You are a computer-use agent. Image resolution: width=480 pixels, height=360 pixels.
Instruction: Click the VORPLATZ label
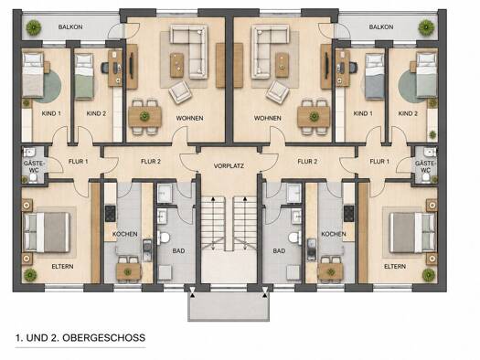(x=229, y=166)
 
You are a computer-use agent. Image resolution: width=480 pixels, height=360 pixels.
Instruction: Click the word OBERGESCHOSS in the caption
(x=104, y=338)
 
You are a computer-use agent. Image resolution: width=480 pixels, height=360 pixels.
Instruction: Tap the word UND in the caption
(x=37, y=338)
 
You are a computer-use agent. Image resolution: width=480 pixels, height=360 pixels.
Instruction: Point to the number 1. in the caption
(x=19, y=338)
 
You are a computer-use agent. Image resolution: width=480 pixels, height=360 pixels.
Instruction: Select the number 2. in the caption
(x=55, y=338)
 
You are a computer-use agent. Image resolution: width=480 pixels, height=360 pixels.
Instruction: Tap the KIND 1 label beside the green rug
(x=51, y=113)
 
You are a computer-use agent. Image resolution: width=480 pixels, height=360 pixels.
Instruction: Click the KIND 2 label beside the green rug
(x=408, y=113)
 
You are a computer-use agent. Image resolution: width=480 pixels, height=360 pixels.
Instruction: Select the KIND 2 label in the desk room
(x=96, y=113)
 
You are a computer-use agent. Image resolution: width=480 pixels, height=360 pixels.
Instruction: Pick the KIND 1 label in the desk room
(x=363, y=113)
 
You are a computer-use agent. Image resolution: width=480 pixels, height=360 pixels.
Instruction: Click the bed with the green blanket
(x=84, y=76)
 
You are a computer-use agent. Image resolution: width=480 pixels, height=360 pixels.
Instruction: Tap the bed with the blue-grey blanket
(x=375, y=76)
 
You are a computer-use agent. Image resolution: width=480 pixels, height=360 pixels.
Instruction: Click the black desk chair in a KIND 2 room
(x=105, y=68)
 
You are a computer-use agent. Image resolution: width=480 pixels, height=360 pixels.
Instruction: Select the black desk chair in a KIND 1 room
(x=353, y=68)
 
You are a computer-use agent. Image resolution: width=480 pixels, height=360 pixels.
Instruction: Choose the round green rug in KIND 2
(x=407, y=87)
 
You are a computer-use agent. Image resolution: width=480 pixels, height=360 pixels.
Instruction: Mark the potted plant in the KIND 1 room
(x=27, y=103)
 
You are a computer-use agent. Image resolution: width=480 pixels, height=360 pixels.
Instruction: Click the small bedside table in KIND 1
(x=47, y=68)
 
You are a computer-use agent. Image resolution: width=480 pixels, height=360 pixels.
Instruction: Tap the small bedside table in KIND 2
(x=413, y=68)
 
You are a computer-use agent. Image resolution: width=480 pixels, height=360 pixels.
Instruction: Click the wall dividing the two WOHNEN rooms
(x=229, y=79)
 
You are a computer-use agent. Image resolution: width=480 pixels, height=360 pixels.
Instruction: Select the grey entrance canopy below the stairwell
(x=229, y=306)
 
